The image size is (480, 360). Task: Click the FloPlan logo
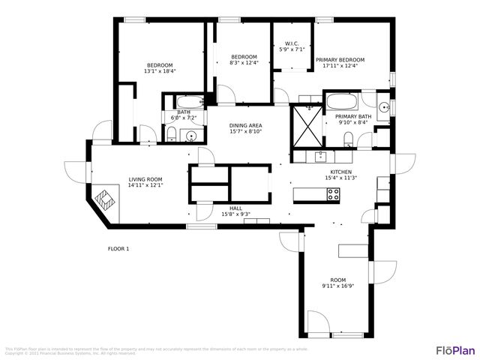click(455, 349)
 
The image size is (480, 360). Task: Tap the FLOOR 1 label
click(118, 248)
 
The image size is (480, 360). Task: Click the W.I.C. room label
click(291, 43)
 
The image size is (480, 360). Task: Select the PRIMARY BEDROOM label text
click(340, 59)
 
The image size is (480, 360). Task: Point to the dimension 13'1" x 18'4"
click(159, 71)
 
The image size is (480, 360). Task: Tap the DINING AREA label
click(245, 125)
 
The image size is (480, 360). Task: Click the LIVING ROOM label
click(145, 179)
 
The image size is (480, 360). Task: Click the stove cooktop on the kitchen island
click(333, 193)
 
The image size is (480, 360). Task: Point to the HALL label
click(235, 208)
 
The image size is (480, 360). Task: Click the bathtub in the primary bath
click(342, 102)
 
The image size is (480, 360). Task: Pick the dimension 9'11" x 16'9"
click(337, 286)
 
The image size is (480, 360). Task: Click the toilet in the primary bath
click(348, 137)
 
